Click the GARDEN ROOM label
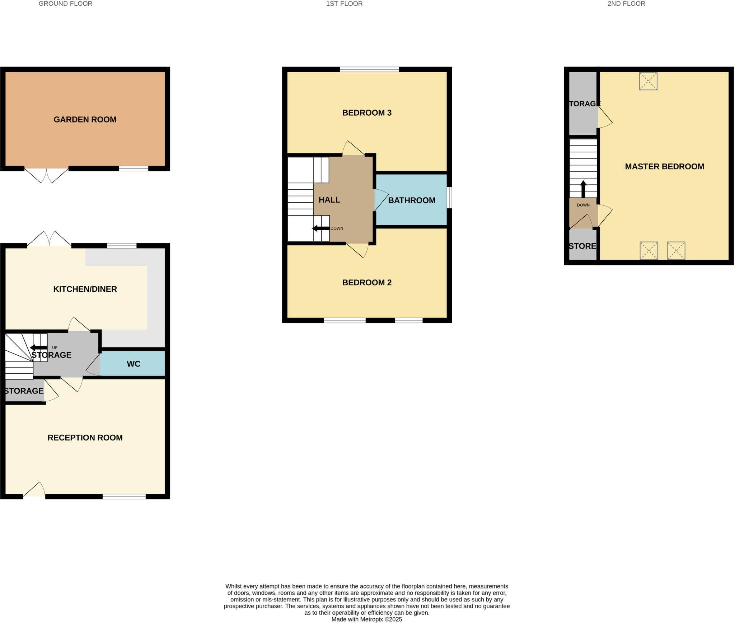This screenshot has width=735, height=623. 85,120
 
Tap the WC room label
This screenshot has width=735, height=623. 134,364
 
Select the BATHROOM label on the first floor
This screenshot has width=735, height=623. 412,200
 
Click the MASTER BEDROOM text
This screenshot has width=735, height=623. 664,167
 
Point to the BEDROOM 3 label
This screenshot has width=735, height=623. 367,113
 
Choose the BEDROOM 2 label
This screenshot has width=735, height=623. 367,283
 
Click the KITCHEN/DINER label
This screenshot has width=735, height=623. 85,289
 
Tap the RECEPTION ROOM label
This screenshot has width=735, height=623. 85,438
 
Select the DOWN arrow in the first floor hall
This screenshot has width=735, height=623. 321,229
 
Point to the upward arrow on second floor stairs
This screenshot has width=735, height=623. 583,189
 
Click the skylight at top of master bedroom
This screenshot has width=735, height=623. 648,81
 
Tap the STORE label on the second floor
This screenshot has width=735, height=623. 582,246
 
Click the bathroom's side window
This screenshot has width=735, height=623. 449,198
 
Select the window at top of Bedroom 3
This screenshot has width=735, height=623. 369,69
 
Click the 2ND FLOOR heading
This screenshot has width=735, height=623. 626,4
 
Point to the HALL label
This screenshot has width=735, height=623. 329,200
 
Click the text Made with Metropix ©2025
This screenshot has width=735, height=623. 366,619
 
